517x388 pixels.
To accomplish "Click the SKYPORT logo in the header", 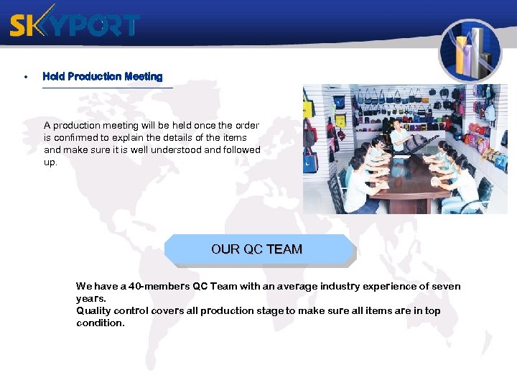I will (74, 25).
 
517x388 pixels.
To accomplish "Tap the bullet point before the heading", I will (26, 76).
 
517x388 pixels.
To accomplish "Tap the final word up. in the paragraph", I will (50, 162).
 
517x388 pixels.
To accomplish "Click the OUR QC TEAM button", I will (257, 249).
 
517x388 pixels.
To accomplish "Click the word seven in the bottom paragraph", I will (447, 286).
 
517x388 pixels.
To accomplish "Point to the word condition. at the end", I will (101, 323).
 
